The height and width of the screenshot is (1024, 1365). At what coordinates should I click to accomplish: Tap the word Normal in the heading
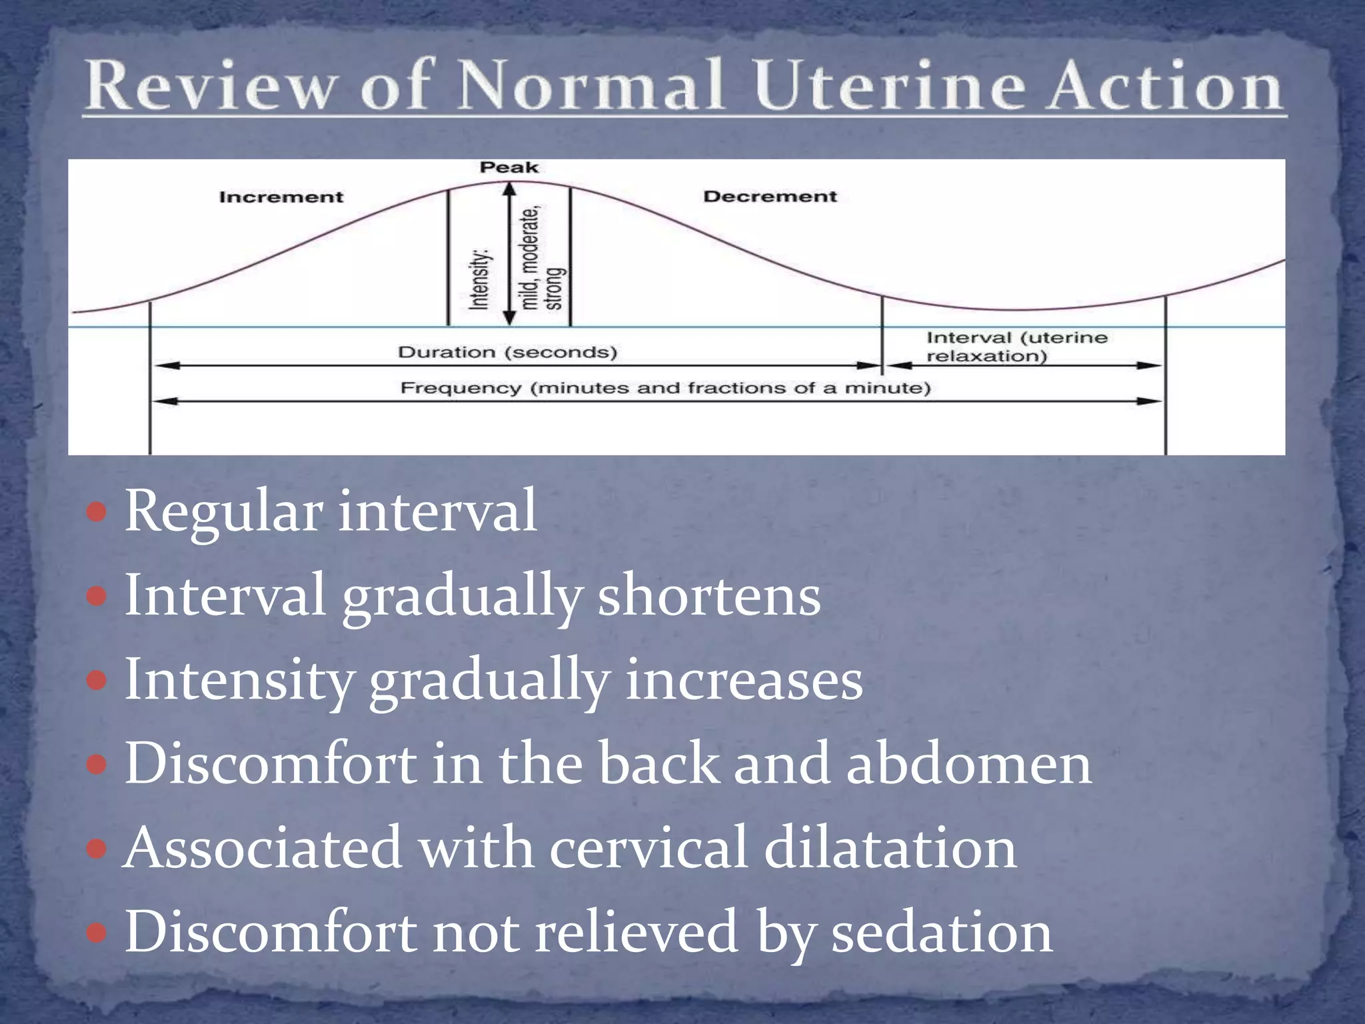pyautogui.click(x=591, y=87)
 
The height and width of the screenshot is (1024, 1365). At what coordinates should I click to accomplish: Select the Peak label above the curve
pyautogui.click(x=509, y=167)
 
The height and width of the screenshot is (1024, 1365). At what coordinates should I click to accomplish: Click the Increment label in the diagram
pyautogui.click(x=281, y=197)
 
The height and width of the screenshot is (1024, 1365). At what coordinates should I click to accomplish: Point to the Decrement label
pyautogui.click(x=770, y=197)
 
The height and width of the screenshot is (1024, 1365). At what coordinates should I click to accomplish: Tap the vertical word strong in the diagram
pyautogui.click(x=555, y=289)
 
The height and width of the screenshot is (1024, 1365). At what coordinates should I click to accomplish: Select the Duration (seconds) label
pyautogui.click(x=508, y=352)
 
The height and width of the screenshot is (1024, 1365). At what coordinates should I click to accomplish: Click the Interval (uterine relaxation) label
pyautogui.click(x=1016, y=347)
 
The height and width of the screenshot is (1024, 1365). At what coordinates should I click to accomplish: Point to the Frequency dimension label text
pyautogui.click(x=665, y=388)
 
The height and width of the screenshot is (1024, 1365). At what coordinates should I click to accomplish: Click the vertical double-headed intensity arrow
pyautogui.click(x=510, y=253)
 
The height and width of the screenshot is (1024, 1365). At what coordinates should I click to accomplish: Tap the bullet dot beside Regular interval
pyautogui.click(x=97, y=512)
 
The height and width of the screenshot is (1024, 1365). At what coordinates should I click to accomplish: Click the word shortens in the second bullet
pyautogui.click(x=708, y=596)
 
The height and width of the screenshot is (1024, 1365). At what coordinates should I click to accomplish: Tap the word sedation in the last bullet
pyautogui.click(x=942, y=932)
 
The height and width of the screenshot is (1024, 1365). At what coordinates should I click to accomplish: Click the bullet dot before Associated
pyautogui.click(x=97, y=849)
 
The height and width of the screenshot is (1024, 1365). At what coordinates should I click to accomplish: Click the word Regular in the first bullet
pyautogui.click(x=223, y=512)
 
